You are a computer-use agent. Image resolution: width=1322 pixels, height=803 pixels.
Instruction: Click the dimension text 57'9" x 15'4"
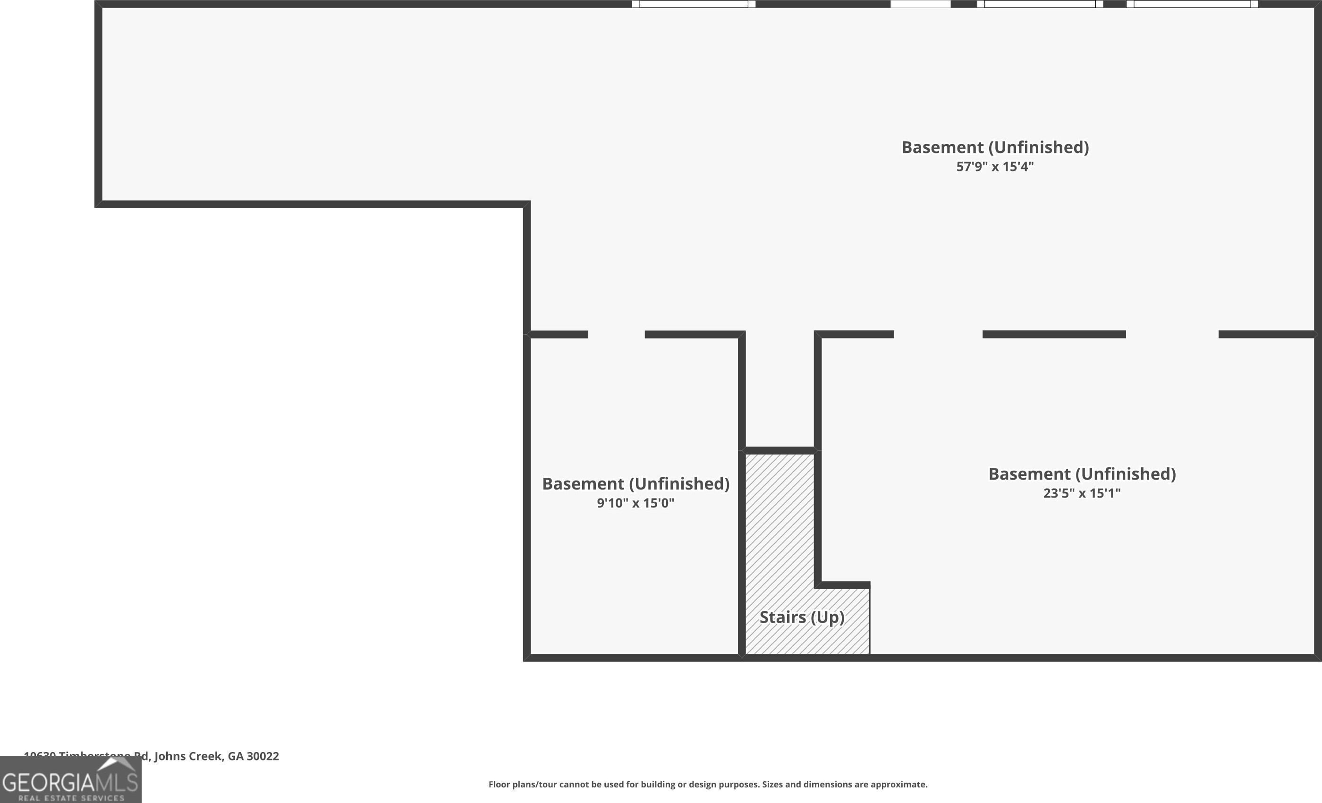click(995, 167)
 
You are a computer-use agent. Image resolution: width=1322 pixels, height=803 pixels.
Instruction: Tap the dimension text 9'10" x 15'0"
click(635, 503)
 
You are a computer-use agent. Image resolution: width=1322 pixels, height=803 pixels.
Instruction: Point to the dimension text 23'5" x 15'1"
click(1082, 493)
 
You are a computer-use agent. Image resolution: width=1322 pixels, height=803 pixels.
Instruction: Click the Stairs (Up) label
click(802, 617)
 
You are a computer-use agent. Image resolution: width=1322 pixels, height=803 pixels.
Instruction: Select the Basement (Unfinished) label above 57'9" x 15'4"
click(995, 147)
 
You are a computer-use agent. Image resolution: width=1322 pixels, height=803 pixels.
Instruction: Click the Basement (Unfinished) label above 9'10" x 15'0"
click(635, 484)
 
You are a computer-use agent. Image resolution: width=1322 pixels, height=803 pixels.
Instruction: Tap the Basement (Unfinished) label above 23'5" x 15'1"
click(1082, 474)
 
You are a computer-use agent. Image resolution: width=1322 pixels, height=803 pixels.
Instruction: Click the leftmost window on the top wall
click(694, 4)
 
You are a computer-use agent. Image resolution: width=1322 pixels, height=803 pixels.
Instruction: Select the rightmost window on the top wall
click(1192, 4)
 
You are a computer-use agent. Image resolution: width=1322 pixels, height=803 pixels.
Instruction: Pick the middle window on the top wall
click(1040, 4)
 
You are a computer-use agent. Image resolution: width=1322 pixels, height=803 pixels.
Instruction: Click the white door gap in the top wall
click(920, 4)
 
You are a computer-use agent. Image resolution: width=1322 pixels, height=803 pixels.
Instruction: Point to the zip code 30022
click(263, 756)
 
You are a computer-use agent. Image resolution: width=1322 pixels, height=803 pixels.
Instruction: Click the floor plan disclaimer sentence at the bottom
click(708, 784)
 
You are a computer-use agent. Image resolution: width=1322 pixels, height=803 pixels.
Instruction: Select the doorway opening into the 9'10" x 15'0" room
click(616, 335)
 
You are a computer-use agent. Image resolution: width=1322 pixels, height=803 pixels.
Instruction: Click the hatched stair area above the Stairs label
click(779, 515)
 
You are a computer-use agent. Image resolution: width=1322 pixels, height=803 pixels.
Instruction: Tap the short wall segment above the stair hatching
click(780, 450)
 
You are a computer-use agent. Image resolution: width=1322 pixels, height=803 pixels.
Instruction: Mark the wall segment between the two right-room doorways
click(1054, 335)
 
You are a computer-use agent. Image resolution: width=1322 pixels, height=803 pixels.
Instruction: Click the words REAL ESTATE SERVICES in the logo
click(71, 798)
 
